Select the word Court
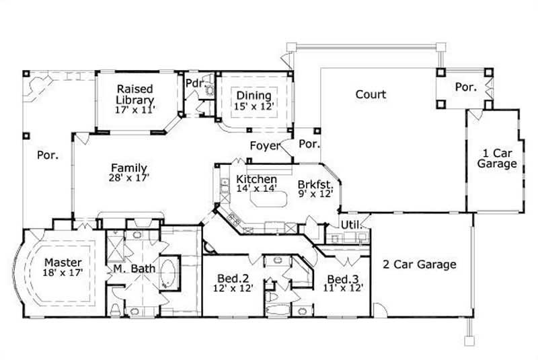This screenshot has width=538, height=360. pyautogui.click(x=371, y=94)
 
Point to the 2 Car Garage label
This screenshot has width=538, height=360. pyautogui.click(x=420, y=264)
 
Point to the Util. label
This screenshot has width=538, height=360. pyautogui.click(x=350, y=224)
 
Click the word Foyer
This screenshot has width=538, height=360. pyautogui.click(x=264, y=146)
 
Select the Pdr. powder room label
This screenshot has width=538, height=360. pyautogui.click(x=194, y=83)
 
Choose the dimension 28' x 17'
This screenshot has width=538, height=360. pyautogui.click(x=129, y=178)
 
